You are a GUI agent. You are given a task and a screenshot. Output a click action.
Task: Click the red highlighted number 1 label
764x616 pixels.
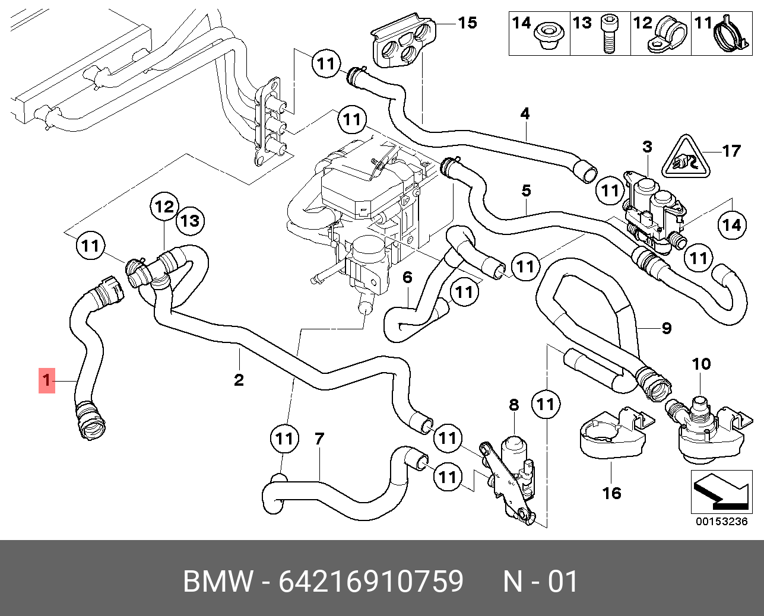point(47,380)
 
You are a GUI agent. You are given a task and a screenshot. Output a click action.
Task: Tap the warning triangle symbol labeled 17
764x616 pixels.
point(686,159)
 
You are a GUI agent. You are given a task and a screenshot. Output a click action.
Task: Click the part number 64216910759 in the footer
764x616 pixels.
point(371,582)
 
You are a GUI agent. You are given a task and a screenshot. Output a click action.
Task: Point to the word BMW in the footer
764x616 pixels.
point(218,582)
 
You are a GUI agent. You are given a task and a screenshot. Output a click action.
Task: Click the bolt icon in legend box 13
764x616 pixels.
point(608,35)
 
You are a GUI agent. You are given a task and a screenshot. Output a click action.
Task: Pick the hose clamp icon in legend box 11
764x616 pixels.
point(729,34)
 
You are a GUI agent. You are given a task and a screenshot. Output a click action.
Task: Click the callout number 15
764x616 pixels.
point(467,23)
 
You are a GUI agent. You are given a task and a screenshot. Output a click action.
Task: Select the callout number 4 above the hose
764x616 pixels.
point(525,113)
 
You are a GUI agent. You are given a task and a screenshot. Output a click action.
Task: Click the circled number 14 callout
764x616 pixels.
point(732,225)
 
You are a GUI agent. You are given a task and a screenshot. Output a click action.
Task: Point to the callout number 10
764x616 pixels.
point(701,364)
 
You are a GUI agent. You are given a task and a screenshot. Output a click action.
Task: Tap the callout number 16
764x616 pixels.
point(611,493)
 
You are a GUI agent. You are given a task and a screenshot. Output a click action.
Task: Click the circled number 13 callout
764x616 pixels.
point(189,221)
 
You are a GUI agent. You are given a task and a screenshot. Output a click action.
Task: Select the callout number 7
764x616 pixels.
point(319,439)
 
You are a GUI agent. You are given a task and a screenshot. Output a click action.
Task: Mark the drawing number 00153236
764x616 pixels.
point(721,522)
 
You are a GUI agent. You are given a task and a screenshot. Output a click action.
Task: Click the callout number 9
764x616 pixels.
point(667,328)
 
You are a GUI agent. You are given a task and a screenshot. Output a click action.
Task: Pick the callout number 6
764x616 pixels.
point(407,277)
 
